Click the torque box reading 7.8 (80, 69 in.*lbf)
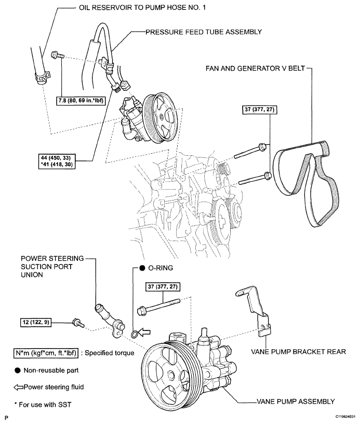[x=81, y=101]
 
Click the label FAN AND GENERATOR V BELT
[x=256, y=68]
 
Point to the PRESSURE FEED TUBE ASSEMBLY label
[x=204, y=32]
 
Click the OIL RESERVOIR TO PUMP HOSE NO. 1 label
[x=142, y=8]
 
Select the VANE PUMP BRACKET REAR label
[x=299, y=352]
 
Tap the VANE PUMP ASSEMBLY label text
[x=296, y=402]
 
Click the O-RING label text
[x=161, y=268]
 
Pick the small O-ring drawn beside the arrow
[x=134, y=335]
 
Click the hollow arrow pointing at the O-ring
[x=144, y=332]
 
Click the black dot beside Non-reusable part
[x=18, y=370]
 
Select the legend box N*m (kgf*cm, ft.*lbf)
[x=46, y=353]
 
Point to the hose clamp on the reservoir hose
[x=42, y=76]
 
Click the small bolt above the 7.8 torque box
[x=58, y=55]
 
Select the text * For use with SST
[x=43, y=405]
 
